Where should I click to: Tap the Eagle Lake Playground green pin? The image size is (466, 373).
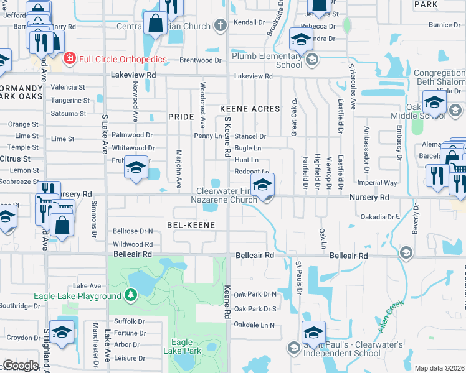130,294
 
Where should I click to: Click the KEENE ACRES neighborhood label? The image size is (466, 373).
250,109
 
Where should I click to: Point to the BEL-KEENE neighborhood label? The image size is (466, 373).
191,224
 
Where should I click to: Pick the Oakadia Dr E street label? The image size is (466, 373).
380,217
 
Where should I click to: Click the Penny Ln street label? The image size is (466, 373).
208,136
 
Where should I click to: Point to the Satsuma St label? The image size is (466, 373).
69,114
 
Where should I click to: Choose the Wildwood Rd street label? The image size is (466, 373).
133,244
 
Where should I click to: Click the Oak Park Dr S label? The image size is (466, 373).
255,308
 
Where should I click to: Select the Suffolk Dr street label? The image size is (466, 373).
130,321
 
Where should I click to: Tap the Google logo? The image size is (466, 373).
21,366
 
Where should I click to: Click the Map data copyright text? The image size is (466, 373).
439,368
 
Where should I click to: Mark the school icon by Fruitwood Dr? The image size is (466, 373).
136,167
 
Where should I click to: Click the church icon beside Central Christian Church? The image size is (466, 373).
219,26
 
